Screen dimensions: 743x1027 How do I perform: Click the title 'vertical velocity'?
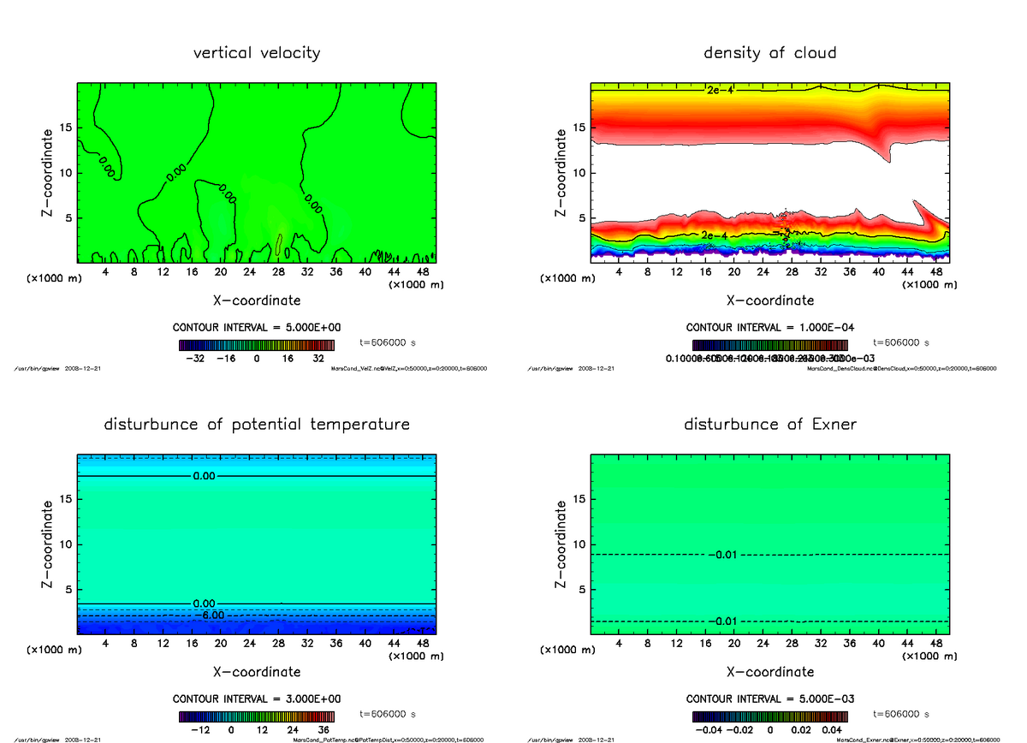(257, 53)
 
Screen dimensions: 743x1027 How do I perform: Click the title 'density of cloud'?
(770, 53)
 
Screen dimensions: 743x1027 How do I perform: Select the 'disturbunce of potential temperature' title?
(257, 425)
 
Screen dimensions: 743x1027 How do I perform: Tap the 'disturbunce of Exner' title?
(770, 425)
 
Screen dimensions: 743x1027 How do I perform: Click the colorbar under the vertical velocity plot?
(257, 346)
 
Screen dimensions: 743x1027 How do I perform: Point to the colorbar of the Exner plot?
(770, 717)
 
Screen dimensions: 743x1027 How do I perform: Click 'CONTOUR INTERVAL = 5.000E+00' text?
(257, 328)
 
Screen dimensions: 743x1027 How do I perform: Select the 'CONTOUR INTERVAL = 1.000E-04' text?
(770, 328)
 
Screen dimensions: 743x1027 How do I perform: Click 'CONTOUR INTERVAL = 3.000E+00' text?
(257, 699)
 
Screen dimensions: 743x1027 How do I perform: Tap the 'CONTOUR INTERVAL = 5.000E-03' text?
(770, 699)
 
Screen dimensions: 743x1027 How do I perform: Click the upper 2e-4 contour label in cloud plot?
(719, 90)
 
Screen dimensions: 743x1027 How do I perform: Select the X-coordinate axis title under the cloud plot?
(770, 301)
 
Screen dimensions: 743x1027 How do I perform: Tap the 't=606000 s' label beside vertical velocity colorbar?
(388, 342)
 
